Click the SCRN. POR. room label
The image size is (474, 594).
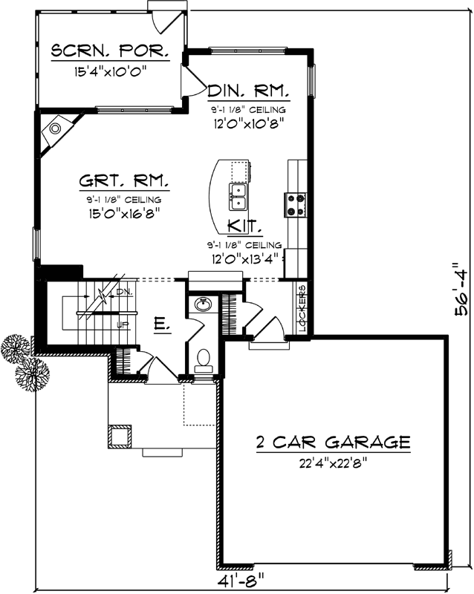[109, 52]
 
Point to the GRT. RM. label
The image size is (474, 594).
[124, 182]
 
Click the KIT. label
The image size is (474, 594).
[243, 226]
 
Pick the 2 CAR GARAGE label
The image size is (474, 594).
[333, 443]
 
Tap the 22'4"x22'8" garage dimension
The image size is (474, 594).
[333, 463]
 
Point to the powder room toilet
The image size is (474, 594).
[203, 361]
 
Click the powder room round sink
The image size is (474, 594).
[202, 304]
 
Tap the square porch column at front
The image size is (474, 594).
[120, 436]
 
